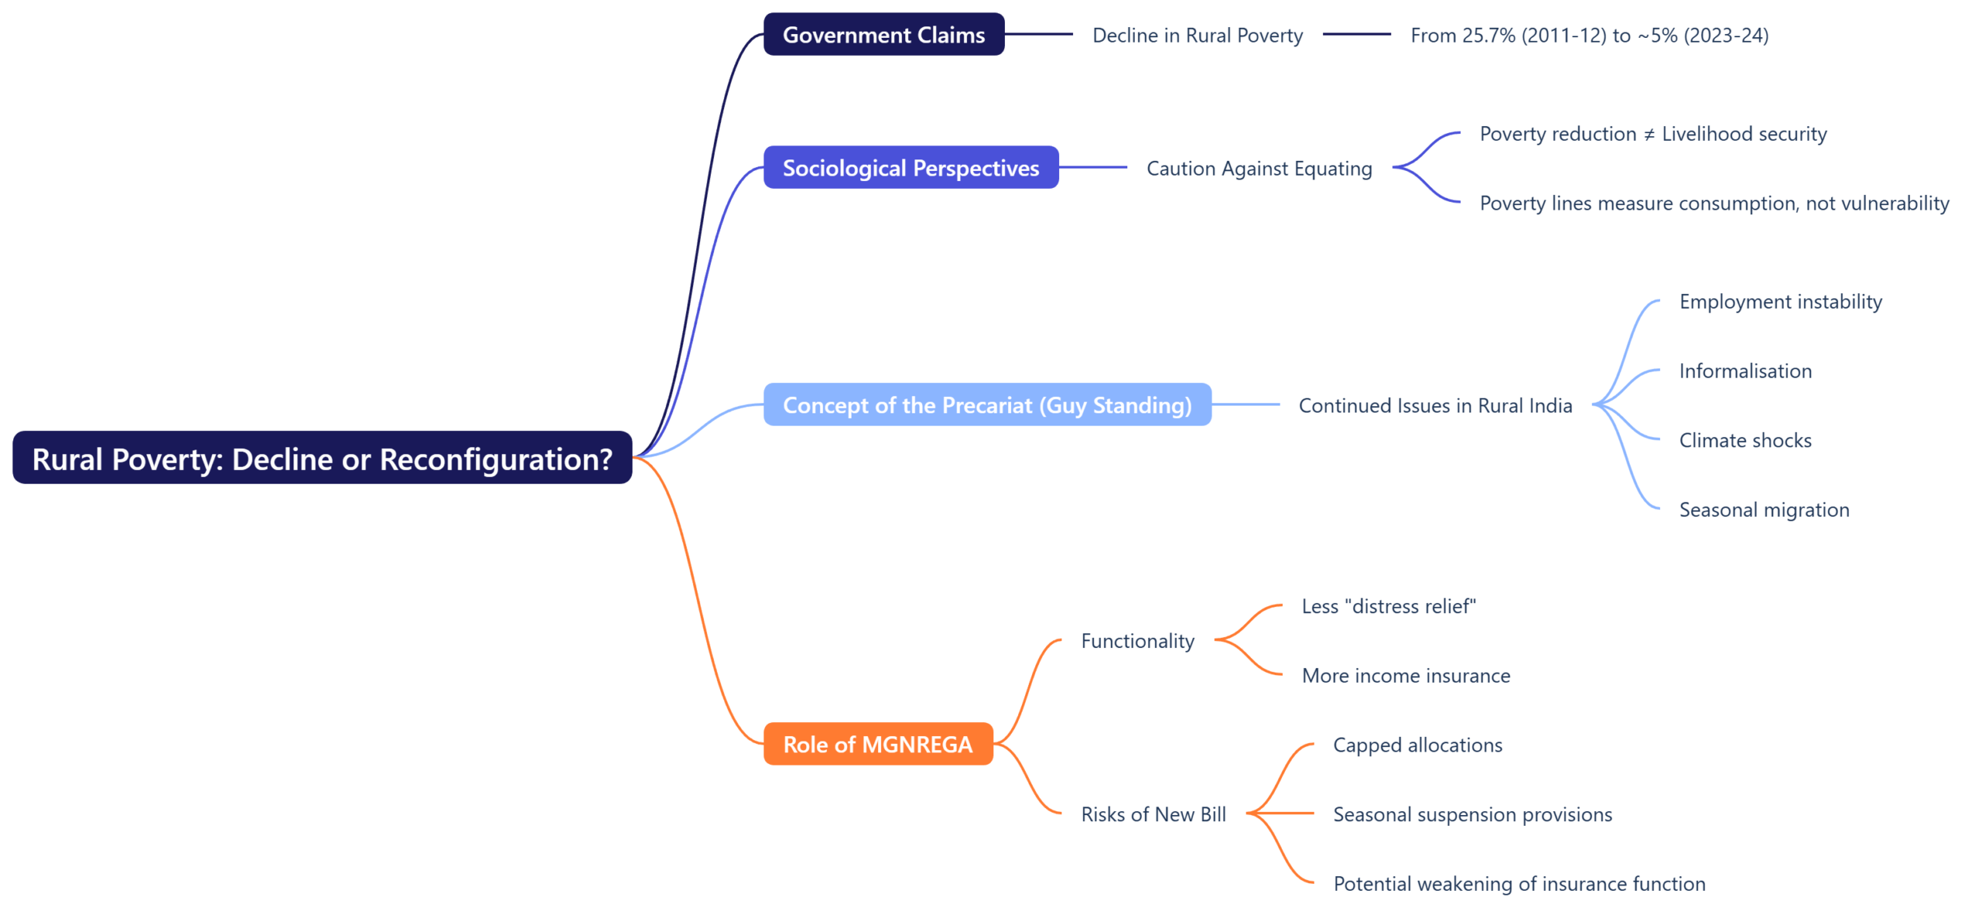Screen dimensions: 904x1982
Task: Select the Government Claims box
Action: [883, 35]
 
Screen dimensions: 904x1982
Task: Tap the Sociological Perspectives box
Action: [910, 168]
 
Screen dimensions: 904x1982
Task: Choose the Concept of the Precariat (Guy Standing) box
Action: [986, 405]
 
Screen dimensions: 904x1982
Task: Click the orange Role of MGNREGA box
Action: [877, 744]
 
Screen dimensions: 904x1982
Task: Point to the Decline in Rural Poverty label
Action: [1197, 36]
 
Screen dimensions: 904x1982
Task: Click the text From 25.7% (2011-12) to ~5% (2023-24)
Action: [1589, 36]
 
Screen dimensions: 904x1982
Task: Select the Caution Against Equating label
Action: [1258, 169]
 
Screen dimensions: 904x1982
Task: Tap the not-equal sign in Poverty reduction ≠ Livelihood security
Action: [1648, 135]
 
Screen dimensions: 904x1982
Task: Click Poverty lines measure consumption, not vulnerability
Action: [1713, 204]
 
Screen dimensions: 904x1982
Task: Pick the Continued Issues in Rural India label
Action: [1435, 406]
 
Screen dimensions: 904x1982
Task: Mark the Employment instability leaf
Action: [1780, 302]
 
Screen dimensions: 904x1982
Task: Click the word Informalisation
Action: [1744, 372]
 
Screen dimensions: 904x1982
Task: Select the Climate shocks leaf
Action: [1744, 440]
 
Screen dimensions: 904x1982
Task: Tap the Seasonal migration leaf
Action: [1763, 510]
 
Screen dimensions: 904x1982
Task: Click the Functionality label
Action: [1137, 641]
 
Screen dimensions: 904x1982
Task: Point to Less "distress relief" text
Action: [1388, 606]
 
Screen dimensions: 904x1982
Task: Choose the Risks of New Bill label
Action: [1153, 814]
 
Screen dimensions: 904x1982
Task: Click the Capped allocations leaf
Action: [1417, 745]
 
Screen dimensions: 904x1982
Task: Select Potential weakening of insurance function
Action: [1518, 884]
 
